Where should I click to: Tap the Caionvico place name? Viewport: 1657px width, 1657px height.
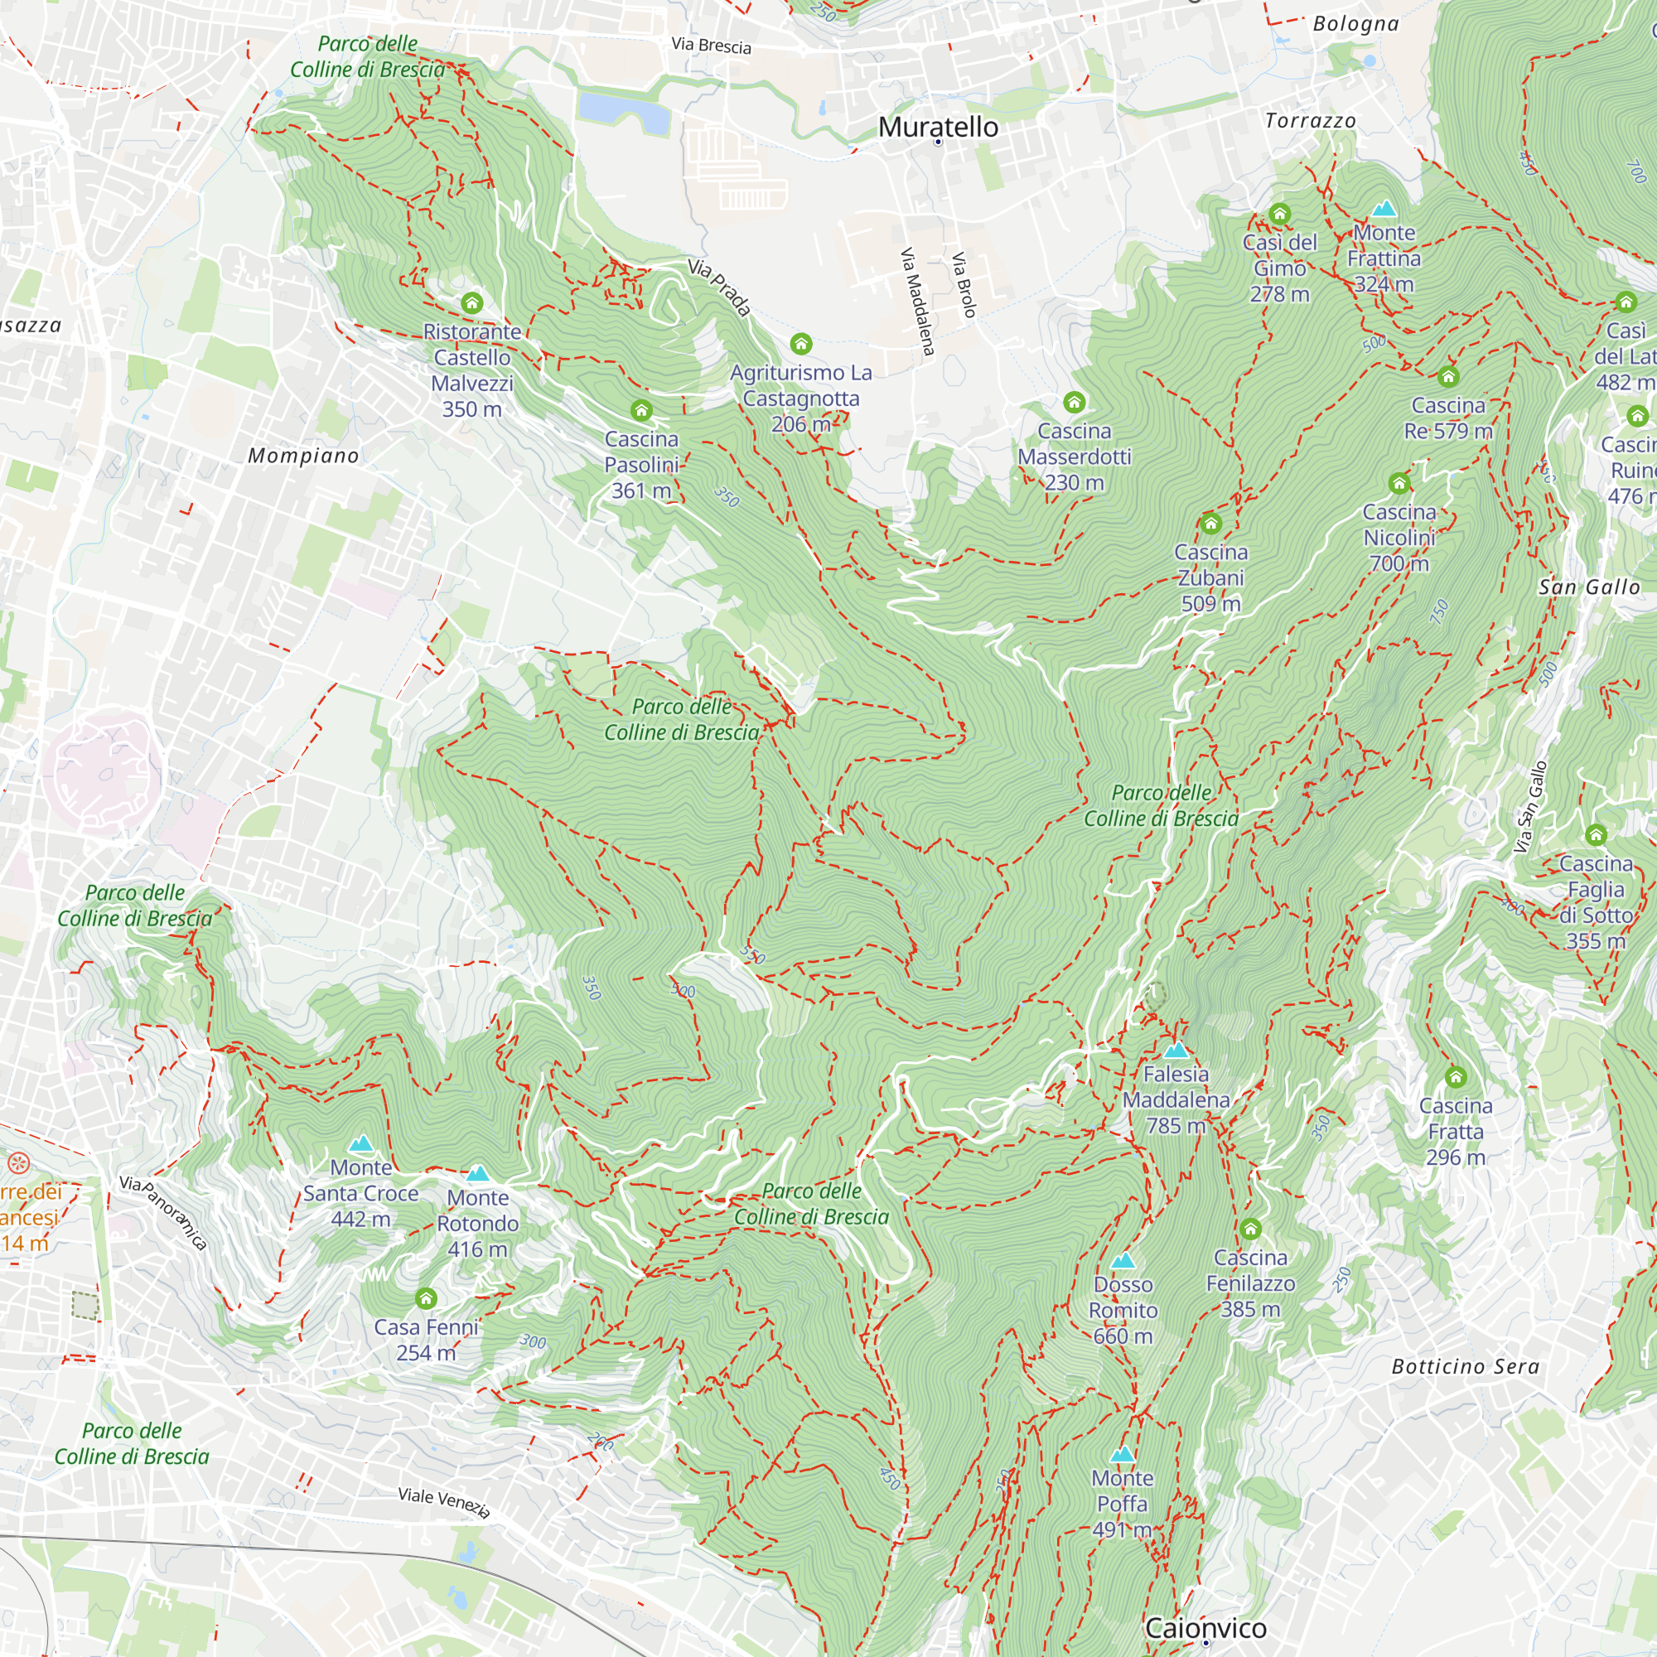coord(1205,1627)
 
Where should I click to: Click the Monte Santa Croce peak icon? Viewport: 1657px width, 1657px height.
coord(361,1143)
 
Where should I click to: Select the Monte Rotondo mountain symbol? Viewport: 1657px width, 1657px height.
coord(478,1173)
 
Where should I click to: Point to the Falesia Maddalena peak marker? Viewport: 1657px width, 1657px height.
coord(1176,1050)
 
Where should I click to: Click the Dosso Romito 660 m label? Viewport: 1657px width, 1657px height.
coord(1123,1310)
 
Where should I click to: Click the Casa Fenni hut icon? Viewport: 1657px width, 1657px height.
coord(425,1298)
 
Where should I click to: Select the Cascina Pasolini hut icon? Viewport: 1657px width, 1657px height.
coord(640,410)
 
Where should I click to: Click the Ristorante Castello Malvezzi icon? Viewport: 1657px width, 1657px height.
coord(471,302)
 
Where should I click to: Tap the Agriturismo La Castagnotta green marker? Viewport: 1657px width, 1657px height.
coord(800,344)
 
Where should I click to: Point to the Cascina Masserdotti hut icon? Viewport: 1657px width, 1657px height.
coord(1074,403)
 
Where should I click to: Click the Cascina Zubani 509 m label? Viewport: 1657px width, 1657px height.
coord(1210,577)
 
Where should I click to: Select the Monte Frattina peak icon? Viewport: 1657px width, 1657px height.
coord(1384,209)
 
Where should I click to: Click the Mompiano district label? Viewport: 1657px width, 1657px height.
coord(302,456)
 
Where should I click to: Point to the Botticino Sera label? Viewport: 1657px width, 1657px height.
coord(1465,1366)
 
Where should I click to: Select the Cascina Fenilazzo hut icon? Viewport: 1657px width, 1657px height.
coord(1249,1229)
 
